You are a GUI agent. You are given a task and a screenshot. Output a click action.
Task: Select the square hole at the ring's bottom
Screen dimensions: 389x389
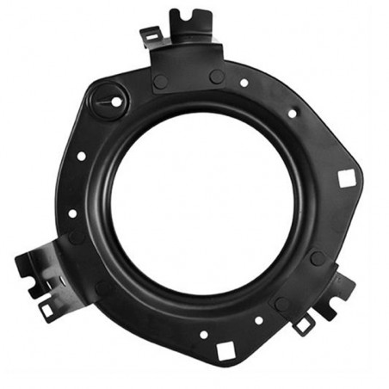(225, 349)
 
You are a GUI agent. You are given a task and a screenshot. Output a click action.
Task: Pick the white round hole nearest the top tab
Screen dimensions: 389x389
(244, 83)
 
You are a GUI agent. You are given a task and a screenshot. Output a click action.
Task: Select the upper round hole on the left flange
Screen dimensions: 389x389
(80, 157)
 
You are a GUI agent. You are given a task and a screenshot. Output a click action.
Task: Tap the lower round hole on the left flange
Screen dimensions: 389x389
(72, 213)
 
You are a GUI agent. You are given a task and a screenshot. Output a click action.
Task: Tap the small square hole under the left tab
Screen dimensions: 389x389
(46, 308)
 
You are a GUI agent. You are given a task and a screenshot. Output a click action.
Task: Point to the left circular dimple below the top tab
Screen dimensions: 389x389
(160, 82)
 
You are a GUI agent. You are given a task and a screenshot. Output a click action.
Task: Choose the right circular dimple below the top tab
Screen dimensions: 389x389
(217, 77)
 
